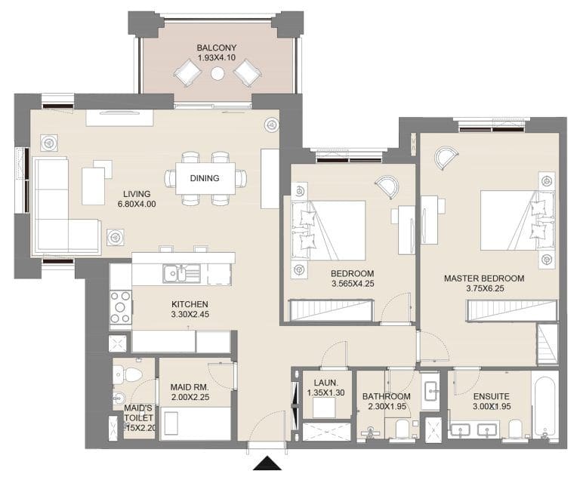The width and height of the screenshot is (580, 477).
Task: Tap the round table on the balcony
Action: tap(217, 74)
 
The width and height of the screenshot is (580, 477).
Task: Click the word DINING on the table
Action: tap(205, 179)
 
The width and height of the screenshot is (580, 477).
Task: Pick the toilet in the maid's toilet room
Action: tap(129, 374)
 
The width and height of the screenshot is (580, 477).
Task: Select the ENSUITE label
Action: tap(491, 396)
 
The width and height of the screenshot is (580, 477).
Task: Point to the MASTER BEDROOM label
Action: tap(483, 279)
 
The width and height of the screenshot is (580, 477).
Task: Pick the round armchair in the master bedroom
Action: tap(446, 158)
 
